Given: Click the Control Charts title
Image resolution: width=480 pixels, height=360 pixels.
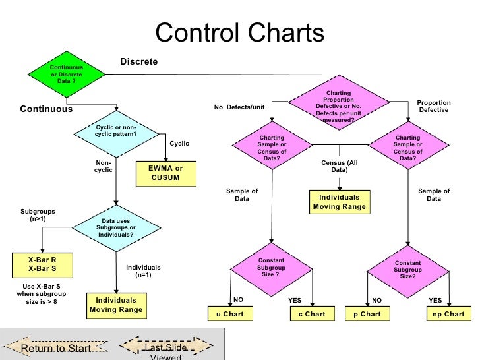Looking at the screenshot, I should pos(239,33).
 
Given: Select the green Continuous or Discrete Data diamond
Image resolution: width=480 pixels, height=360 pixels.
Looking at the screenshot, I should pos(67,75).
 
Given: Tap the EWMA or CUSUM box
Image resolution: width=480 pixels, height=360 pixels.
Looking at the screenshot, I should pos(165,173).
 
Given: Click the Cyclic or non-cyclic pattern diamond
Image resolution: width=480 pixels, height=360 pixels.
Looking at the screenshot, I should pos(117,131).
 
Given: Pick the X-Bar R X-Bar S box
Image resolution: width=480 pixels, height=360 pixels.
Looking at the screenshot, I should pos(42,265).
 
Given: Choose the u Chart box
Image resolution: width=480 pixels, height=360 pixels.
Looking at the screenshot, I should pos(230,314).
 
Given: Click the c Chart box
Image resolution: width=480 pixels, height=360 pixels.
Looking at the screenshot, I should pos(312,314).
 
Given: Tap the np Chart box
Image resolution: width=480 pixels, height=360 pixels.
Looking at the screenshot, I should pos(448,314).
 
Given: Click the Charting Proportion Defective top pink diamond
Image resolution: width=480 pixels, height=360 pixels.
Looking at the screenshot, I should pos(338,106).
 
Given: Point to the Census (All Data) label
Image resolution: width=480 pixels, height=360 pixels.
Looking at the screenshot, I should pos(339,166).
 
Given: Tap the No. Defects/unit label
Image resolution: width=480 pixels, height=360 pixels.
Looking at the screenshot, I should pos(239,107).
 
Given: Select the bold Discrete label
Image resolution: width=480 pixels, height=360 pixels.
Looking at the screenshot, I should pos(139,61).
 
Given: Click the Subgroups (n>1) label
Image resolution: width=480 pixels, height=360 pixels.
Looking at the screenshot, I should pos(38,215).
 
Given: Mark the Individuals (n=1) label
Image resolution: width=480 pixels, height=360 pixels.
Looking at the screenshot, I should pos(143,271).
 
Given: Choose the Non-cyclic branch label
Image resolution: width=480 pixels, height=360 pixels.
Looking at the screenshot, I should pos(104,166).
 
